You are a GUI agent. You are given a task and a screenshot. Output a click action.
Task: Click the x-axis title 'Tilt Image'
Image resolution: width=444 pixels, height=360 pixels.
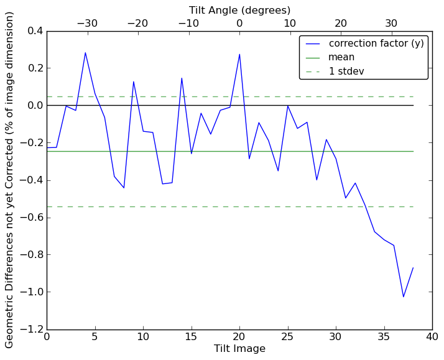[x=239, y=349]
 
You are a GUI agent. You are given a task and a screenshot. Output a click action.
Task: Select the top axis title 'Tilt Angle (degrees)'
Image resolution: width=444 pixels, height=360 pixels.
[x=239, y=10]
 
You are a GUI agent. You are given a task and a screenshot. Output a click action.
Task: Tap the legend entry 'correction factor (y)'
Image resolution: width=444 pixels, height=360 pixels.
[x=376, y=44]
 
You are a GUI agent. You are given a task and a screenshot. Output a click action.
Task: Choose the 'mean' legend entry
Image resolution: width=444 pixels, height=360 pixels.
[x=341, y=57]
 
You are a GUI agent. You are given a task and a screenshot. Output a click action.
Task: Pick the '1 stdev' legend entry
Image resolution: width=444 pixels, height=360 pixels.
[x=346, y=72]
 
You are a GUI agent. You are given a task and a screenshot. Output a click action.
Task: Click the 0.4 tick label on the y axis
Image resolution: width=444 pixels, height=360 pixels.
[x=36, y=31]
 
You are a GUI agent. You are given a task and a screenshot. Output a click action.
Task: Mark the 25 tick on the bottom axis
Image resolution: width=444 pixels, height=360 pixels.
[x=287, y=336]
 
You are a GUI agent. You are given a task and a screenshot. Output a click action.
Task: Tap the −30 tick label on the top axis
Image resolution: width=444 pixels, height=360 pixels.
[x=87, y=24]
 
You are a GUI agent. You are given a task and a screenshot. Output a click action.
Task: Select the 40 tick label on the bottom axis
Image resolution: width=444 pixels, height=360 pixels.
[x=432, y=336]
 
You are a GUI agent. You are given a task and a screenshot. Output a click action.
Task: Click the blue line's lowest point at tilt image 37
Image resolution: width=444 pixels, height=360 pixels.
[x=403, y=297]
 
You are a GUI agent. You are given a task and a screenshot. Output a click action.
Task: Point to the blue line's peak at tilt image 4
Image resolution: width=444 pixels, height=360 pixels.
[x=85, y=53]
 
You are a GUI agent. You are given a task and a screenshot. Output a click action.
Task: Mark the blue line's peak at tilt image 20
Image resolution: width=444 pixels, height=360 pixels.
[x=239, y=54]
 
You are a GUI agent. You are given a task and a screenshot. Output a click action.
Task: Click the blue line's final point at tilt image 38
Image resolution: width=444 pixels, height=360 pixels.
[x=413, y=268]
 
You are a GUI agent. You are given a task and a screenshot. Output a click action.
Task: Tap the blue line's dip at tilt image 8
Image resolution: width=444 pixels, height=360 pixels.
[x=124, y=188]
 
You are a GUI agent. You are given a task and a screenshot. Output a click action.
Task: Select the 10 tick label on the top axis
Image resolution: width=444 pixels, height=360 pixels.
[x=290, y=24]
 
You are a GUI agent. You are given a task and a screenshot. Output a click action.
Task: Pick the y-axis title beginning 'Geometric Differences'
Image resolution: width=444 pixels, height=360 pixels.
[x=10, y=180]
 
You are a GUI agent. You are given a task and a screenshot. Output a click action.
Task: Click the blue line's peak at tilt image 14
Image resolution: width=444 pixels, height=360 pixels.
[x=182, y=78]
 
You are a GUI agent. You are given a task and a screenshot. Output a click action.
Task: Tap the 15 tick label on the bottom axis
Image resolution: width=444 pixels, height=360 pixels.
[x=191, y=336]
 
